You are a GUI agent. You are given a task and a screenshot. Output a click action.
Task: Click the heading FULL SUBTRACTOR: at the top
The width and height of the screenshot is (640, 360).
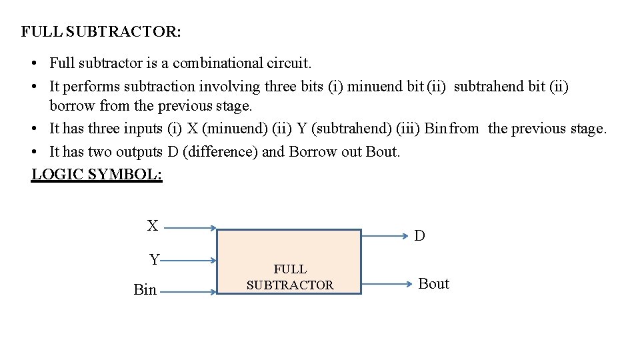[x=101, y=31]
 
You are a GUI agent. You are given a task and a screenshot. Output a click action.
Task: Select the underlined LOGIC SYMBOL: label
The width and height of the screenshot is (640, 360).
[x=97, y=175]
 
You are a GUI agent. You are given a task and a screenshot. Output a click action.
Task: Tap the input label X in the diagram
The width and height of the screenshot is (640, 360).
[x=153, y=226]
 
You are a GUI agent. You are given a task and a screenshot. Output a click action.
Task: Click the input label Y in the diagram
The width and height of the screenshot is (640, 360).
[x=154, y=259]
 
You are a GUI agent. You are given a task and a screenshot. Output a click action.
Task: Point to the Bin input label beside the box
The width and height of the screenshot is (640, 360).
[x=145, y=290]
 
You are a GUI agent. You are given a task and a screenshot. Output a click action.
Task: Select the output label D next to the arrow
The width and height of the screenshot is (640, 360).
[x=419, y=235]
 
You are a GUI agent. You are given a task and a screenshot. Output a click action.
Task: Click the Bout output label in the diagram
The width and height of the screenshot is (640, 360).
[x=433, y=284]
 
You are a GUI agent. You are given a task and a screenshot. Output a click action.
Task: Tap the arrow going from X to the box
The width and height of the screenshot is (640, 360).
[x=190, y=228]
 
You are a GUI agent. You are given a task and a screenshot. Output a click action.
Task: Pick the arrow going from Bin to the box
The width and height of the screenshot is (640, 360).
[x=190, y=291]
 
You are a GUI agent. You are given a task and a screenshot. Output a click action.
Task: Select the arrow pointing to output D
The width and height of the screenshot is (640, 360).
[x=385, y=235]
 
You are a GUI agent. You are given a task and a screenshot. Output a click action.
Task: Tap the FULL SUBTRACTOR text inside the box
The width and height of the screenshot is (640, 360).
[x=290, y=277]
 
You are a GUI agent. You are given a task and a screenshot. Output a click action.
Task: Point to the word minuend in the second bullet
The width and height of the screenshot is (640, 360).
[x=376, y=87]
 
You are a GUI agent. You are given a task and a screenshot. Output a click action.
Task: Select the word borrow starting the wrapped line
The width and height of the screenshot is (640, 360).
[x=72, y=105]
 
